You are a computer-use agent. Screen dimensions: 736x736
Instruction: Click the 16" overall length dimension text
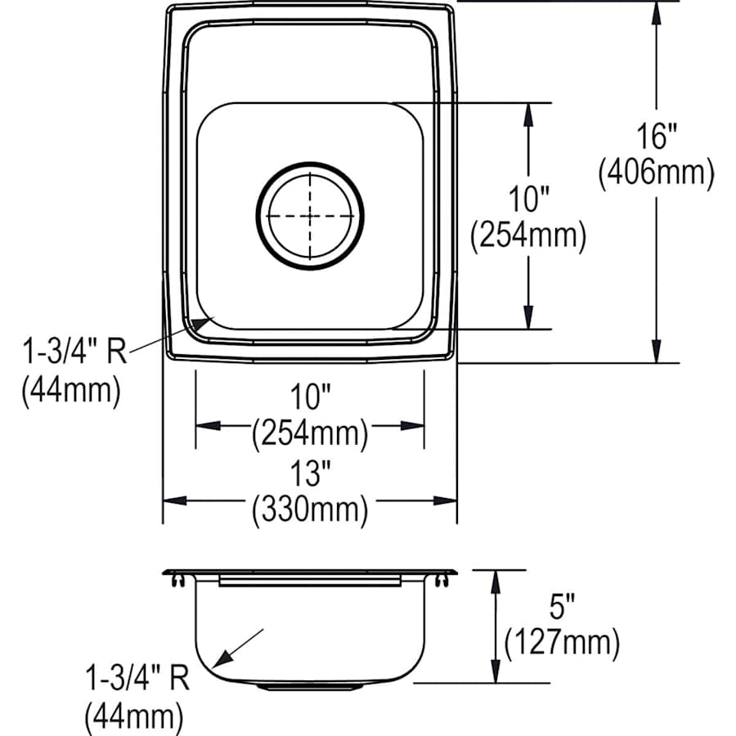[x=656, y=136]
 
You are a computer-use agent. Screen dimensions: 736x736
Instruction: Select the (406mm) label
[x=656, y=173]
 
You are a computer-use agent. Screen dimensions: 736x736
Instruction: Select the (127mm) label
[x=561, y=643]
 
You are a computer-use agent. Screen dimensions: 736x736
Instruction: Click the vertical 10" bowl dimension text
[x=528, y=199]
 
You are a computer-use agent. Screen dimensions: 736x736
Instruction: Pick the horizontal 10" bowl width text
[x=310, y=398]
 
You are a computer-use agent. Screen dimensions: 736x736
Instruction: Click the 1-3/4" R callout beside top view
[x=74, y=353]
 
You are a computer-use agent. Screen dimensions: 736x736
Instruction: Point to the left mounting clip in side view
[x=177, y=580]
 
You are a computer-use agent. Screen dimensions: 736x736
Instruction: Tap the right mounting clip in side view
[x=443, y=580]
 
